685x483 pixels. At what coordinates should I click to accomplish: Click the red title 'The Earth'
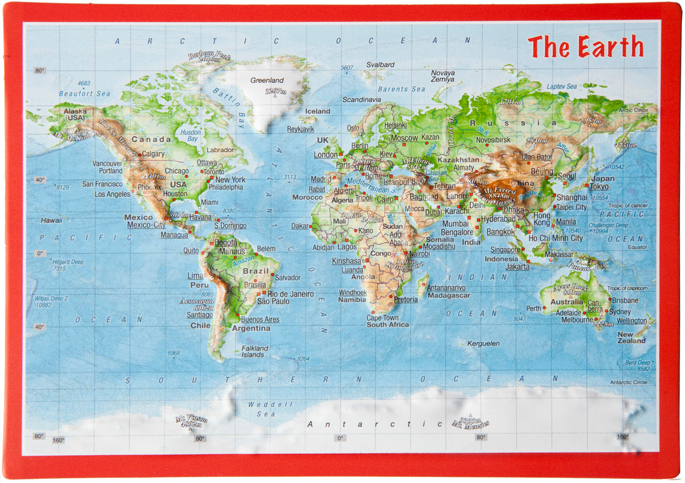click(585, 47)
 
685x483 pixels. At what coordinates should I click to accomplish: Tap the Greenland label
click(267, 80)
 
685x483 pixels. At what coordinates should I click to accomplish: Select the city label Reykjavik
click(300, 129)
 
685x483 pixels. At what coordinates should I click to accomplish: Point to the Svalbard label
click(380, 65)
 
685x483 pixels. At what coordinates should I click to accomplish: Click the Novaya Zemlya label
click(443, 76)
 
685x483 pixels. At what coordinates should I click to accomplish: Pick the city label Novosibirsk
click(493, 140)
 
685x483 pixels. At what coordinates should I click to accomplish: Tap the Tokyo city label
click(599, 187)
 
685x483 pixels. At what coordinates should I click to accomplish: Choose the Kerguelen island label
click(483, 343)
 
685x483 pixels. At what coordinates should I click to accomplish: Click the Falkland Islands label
click(254, 351)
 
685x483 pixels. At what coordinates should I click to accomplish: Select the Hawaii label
click(51, 220)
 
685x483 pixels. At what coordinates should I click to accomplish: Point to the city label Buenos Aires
click(260, 319)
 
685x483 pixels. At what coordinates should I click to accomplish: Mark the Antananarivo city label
click(446, 287)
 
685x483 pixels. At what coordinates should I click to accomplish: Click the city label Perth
click(533, 309)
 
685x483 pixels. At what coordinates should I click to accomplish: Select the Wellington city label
click(631, 321)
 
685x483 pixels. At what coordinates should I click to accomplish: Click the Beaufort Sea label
click(84, 93)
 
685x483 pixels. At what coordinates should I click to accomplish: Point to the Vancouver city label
click(107, 163)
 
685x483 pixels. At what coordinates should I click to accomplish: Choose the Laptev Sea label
click(561, 86)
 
